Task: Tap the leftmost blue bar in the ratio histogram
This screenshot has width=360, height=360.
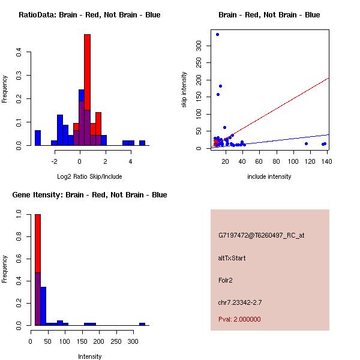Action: pos(38,137)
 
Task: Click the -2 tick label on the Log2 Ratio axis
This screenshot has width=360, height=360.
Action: pos(54,161)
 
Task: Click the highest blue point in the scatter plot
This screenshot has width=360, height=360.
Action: pos(217,34)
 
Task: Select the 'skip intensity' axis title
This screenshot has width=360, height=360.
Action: pos(184,90)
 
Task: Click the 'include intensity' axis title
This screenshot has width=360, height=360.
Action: pos(269,176)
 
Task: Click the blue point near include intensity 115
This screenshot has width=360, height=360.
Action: pos(306,143)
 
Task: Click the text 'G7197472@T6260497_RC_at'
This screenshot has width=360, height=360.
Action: pos(261,235)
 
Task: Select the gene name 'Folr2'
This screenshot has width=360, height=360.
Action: pos(226,280)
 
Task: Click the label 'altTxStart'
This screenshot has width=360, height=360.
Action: pos(232,258)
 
